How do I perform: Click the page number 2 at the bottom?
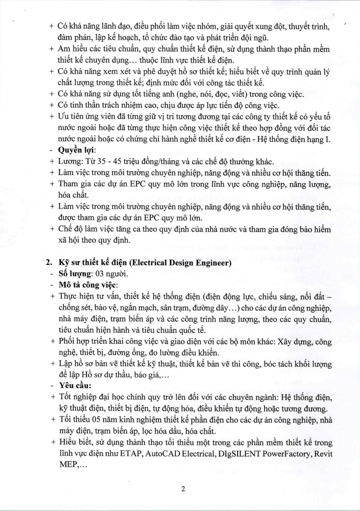coord(183,489)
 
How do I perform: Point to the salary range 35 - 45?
coord(98,161)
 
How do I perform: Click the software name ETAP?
coord(131,454)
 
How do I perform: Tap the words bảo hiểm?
coord(315,229)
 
